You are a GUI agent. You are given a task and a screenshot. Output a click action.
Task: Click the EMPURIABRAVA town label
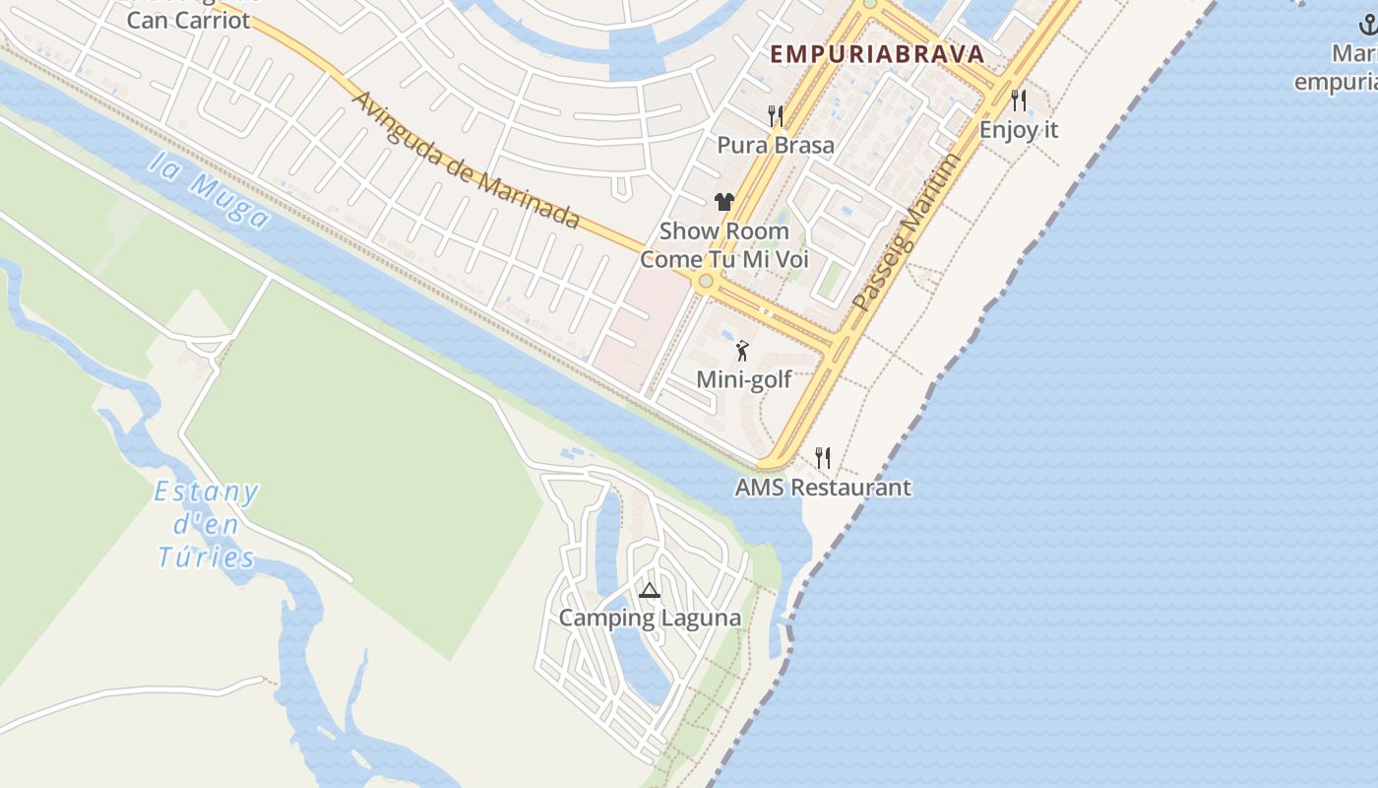[877, 54]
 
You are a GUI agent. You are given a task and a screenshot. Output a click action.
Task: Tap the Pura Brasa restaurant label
[776, 145]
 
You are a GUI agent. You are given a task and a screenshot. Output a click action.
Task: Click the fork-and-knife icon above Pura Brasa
[776, 116]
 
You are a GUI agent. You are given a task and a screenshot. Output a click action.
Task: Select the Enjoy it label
[1019, 129]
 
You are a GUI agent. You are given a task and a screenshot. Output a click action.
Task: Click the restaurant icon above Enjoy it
[1019, 100]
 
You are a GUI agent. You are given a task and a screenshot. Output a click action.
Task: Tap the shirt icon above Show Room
[724, 202]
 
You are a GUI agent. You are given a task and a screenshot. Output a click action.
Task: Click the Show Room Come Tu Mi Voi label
[724, 245]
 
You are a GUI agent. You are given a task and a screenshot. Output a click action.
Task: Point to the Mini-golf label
[744, 379]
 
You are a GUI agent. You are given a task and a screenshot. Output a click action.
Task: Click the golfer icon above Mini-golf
[742, 351]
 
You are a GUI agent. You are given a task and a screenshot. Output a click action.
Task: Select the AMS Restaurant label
[823, 488]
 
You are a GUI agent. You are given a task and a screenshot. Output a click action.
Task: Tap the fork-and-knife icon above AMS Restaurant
[823, 458]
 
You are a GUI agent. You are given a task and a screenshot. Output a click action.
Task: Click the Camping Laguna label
[650, 619]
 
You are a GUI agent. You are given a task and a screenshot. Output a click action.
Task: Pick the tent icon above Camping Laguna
[649, 591]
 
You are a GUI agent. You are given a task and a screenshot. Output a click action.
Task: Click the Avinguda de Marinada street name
[466, 161]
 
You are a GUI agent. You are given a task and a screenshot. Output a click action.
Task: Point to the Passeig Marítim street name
[906, 232]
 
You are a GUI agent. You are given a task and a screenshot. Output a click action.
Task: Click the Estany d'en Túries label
[207, 524]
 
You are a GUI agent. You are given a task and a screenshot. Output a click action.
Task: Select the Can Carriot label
[188, 19]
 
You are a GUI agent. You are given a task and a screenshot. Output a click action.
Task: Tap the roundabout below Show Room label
[705, 282]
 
